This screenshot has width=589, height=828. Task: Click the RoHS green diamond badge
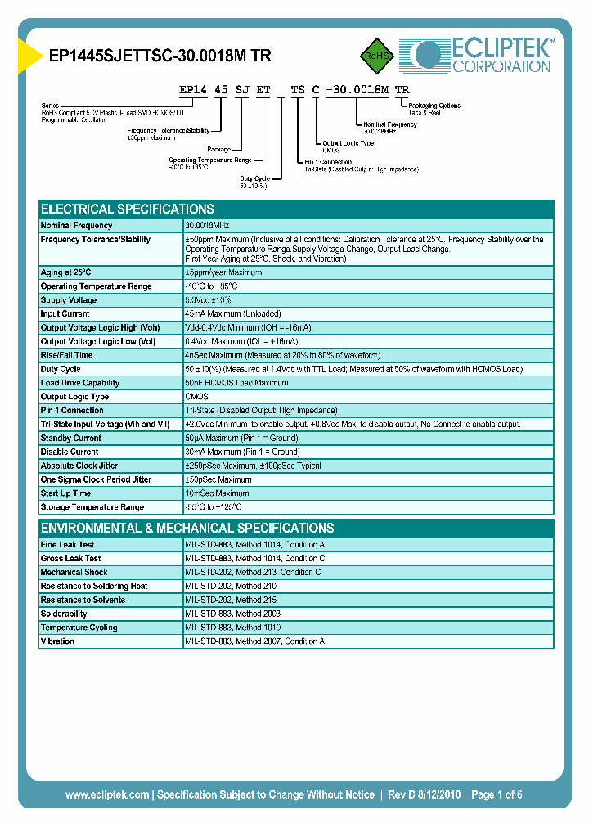(376, 56)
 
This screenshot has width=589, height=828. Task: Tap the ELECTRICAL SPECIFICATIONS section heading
(128, 209)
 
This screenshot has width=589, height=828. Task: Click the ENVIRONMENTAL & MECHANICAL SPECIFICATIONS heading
(187, 528)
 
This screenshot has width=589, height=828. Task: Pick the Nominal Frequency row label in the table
(77, 225)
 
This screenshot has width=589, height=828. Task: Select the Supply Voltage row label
(69, 300)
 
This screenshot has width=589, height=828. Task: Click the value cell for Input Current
(233, 314)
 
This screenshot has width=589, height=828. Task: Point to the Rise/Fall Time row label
(66, 355)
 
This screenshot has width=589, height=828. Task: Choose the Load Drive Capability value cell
(237, 383)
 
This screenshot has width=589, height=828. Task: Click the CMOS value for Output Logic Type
(196, 397)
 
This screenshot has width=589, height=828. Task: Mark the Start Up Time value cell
(218, 493)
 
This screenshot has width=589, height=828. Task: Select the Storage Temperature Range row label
(92, 507)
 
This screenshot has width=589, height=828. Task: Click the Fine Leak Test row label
(67, 544)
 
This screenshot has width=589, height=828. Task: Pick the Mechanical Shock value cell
(253, 572)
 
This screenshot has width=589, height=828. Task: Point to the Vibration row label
(57, 641)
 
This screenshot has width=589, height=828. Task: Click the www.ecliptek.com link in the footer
(107, 794)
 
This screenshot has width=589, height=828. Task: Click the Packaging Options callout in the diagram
(434, 106)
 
